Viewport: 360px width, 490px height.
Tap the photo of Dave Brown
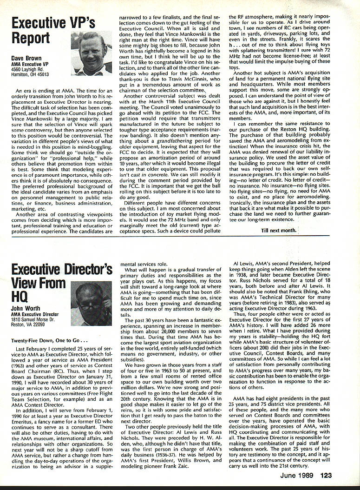[x=92, y=53]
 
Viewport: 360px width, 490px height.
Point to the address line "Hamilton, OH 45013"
[x=30, y=74]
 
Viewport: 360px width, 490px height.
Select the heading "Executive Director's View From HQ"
[x=60, y=283]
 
